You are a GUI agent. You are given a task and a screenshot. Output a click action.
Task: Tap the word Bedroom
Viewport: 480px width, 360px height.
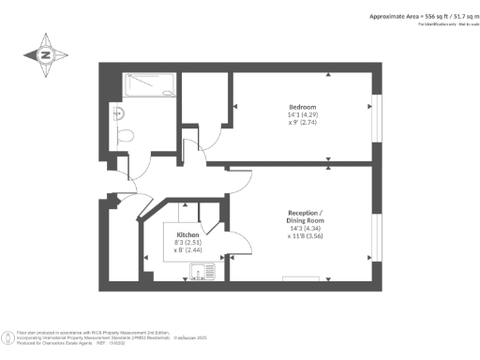click(x=302, y=106)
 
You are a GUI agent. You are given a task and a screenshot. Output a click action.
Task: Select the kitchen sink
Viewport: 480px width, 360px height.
click(x=198, y=274)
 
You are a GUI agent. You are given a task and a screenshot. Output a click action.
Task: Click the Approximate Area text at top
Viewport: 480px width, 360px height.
click(x=413, y=18)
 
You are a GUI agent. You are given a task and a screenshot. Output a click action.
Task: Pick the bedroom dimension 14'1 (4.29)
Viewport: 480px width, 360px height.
click(x=302, y=115)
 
